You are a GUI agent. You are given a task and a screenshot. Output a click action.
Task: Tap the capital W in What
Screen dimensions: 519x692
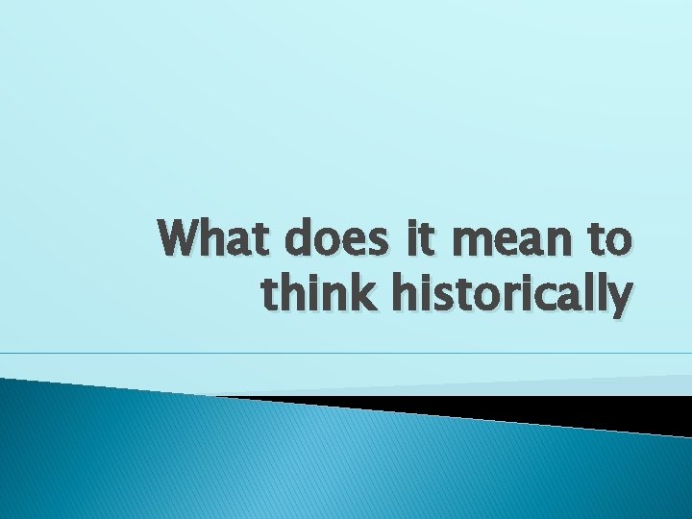coord(184,239)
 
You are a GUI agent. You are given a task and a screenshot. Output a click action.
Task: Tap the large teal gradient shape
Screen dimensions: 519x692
coord(288,461)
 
